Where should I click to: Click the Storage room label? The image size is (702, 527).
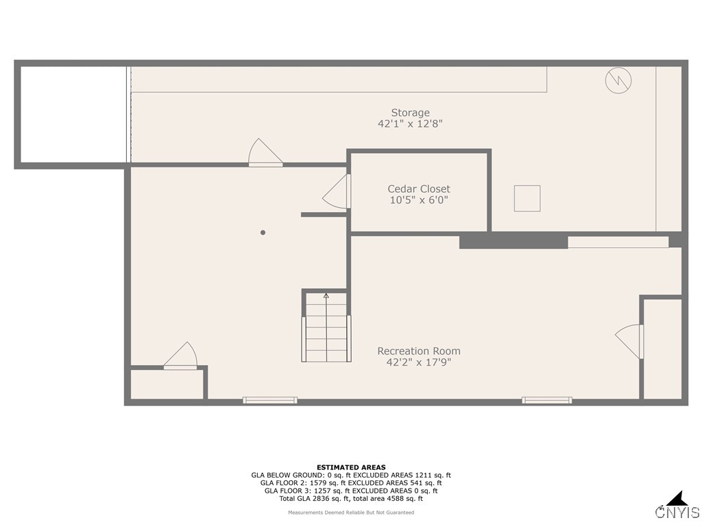(410, 113)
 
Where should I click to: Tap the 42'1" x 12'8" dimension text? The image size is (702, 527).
(410, 124)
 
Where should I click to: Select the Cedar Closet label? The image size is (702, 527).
(419, 189)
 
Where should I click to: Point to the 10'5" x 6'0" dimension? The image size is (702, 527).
(419, 200)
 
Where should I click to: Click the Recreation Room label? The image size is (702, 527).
(418, 351)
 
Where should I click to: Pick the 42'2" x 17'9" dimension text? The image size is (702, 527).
(418, 362)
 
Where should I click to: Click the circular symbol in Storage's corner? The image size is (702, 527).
(618, 81)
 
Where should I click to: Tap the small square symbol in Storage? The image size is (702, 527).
(527, 198)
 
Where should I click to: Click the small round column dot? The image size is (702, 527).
(263, 233)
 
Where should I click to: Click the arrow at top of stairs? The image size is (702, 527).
(326, 296)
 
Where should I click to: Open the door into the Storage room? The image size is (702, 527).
(265, 154)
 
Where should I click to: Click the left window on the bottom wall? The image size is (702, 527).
(270, 400)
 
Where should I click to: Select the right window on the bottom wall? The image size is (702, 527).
(546, 400)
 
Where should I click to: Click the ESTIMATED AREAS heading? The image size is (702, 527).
(351, 467)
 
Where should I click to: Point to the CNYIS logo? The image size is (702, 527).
(677, 507)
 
